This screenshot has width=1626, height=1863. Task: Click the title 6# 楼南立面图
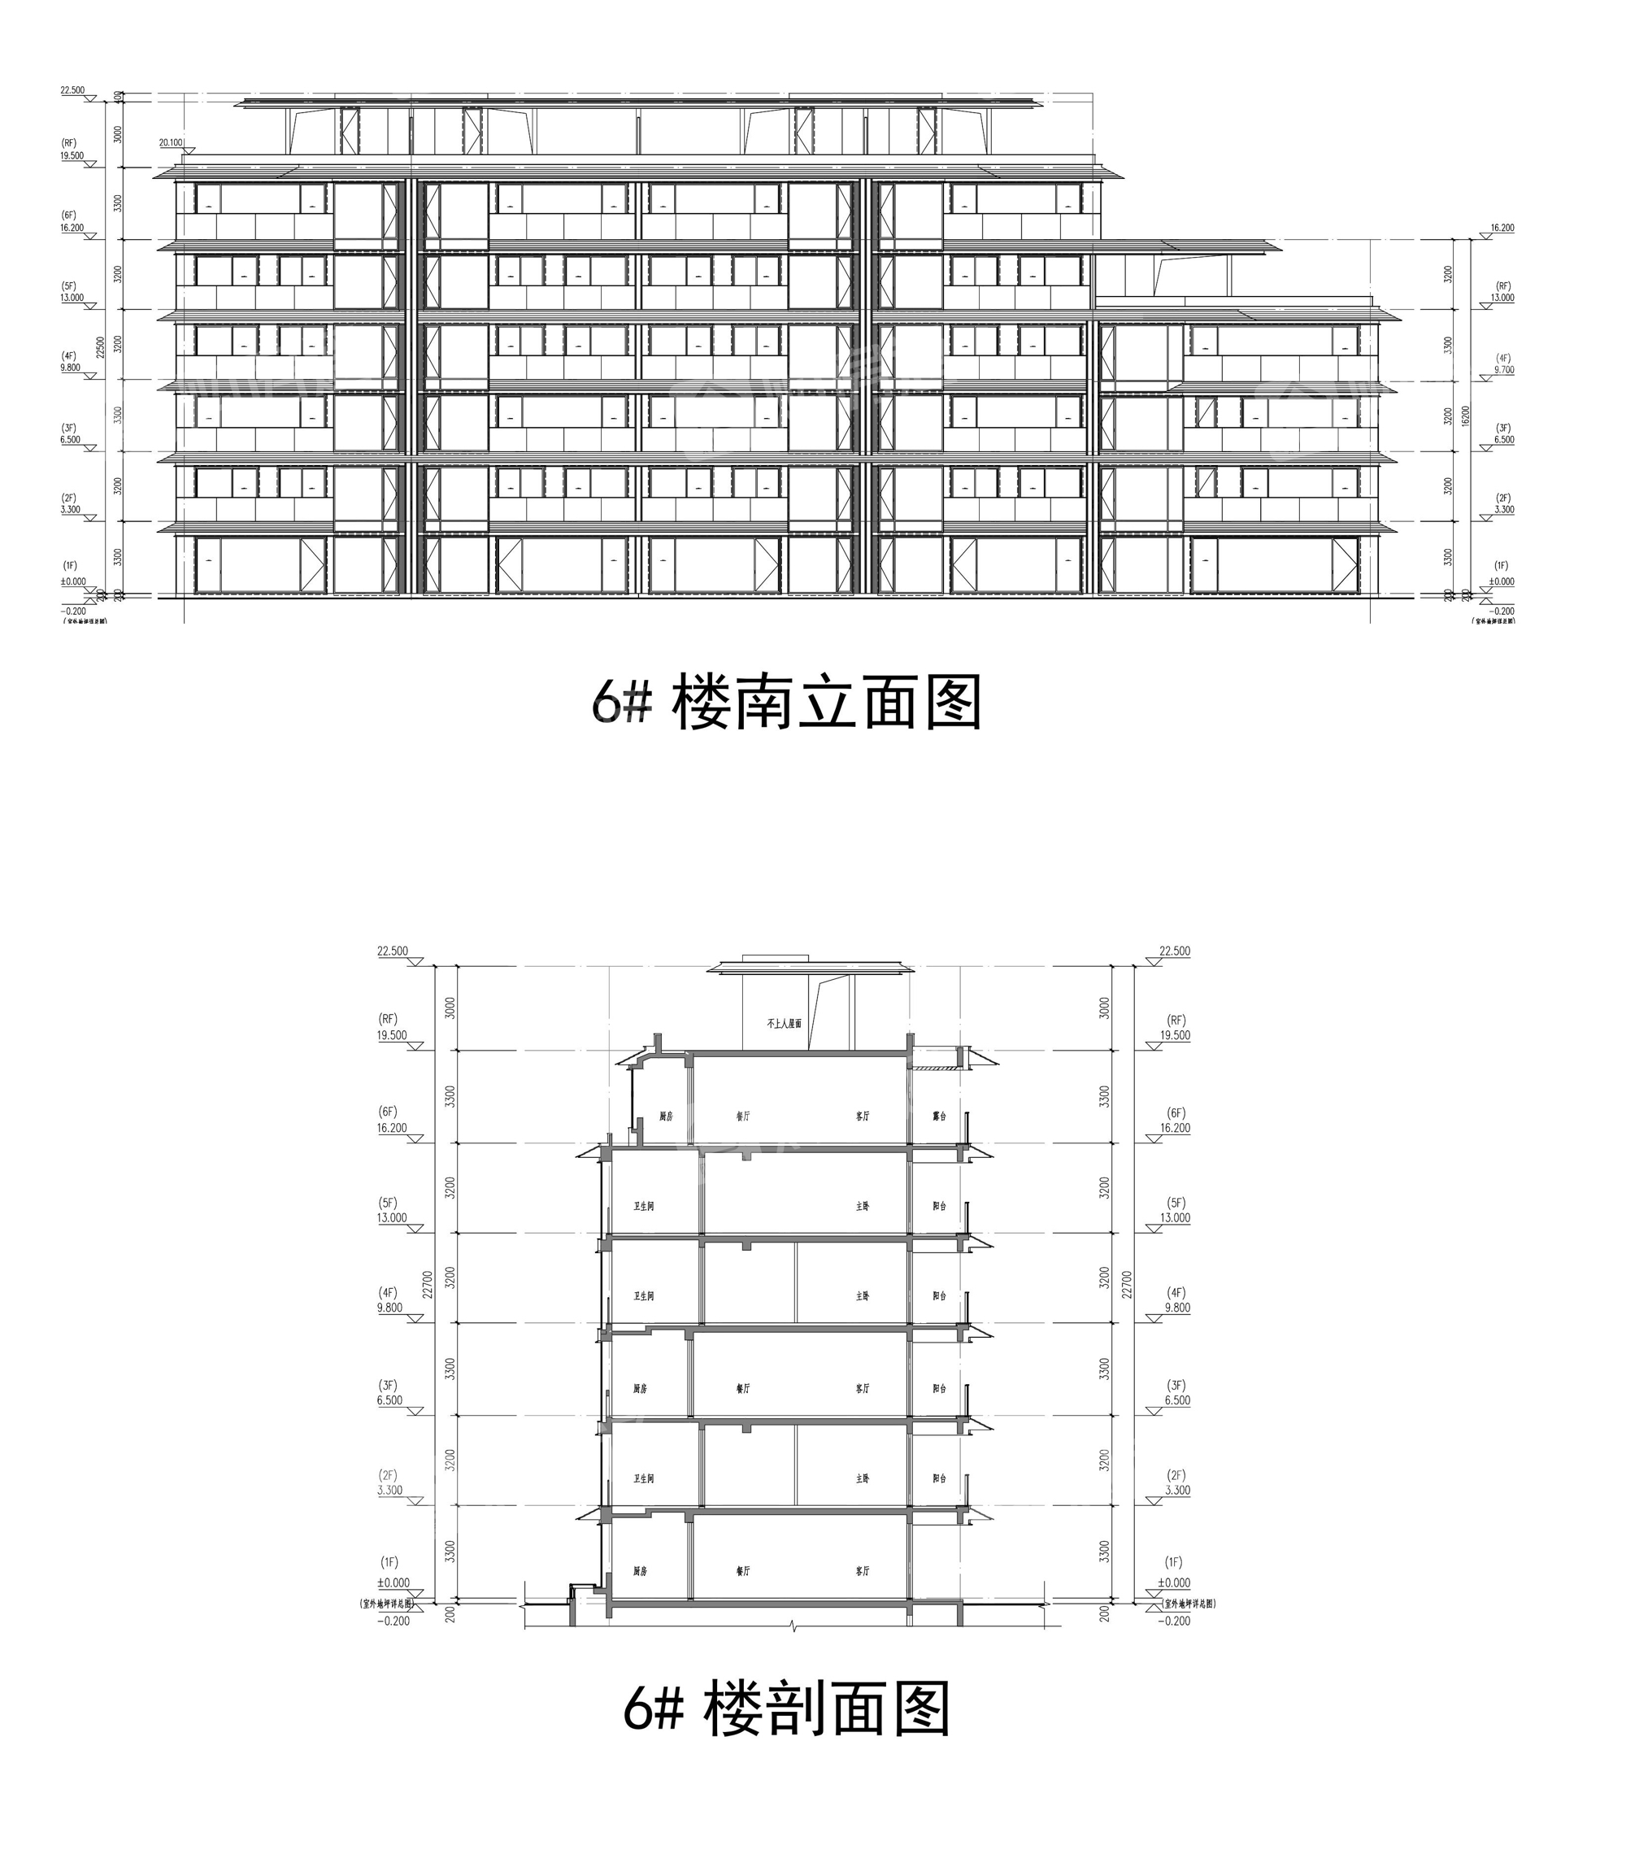[786, 703]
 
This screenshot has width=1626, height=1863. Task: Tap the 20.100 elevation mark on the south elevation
[171, 142]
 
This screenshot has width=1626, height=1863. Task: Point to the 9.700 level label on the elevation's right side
[1502, 370]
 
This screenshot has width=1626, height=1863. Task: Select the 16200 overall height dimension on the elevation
[1464, 416]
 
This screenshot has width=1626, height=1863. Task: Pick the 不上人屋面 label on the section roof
[784, 1024]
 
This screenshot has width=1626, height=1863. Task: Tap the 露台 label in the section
[939, 1116]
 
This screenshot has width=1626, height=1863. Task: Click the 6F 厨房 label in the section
[666, 1116]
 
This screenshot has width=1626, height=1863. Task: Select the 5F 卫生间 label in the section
[643, 1207]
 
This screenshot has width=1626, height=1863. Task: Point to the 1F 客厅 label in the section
[862, 1571]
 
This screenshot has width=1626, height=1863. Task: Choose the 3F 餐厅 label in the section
[743, 1388]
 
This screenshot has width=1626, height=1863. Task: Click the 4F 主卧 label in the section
[862, 1297]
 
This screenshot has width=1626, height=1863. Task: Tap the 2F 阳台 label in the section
[939, 1478]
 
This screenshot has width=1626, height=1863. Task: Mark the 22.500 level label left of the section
[393, 951]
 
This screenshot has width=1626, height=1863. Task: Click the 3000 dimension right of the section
[1104, 1008]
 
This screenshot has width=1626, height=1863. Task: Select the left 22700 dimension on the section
[428, 1284]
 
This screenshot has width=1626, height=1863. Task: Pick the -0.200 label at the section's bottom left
[393, 1621]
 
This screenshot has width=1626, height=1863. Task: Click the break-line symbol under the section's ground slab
[794, 1626]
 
